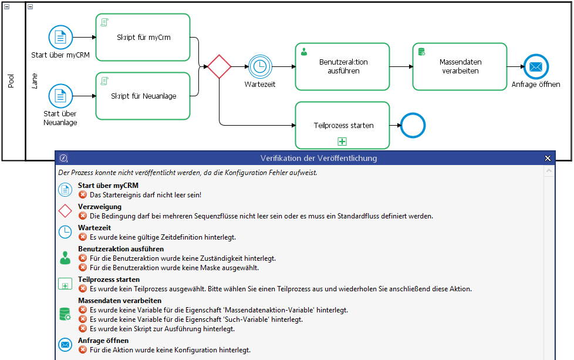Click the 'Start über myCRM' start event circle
click(x=60, y=38)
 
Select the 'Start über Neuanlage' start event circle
click(x=60, y=96)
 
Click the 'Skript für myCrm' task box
click(x=143, y=38)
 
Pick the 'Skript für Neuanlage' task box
click(x=143, y=96)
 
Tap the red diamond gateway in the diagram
click(x=220, y=66)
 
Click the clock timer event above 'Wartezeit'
click(x=259, y=66)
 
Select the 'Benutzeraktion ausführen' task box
click(x=342, y=66)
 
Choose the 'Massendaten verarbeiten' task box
click(x=459, y=66)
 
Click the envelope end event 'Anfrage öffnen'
click(x=535, y=66)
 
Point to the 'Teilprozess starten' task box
click(x=342, y=125)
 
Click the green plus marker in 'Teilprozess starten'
click(x=342, y=141)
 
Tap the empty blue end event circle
click(x=412, y=125)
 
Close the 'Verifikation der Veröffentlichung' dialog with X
click(x=548, y=158)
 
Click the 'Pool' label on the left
click(x=11, y=81)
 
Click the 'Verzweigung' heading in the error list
click(x=100, y=207)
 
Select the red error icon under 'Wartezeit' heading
click(x=83, y=237)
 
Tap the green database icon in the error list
click(x=65, y=314)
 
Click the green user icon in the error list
click(x=65, y=257)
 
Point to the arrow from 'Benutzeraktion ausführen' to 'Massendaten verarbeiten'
click(x=401, y=66)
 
